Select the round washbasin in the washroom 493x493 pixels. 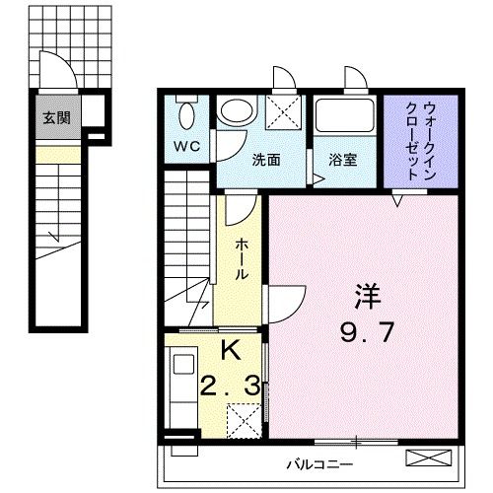click(234, 110)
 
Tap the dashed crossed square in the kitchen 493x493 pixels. click(241, 421)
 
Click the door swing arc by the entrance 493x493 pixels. click(61, 72)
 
